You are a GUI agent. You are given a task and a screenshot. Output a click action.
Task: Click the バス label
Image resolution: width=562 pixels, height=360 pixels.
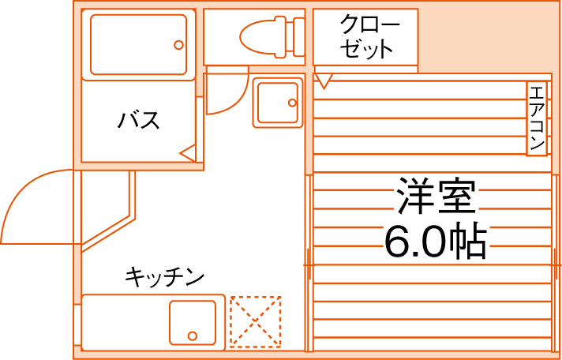[x=138, y=121]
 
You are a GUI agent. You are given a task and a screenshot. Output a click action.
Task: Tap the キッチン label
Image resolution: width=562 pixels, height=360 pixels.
[x=164, y=277]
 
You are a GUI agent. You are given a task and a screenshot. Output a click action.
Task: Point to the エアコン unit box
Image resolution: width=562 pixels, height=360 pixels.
[x=537, y=118]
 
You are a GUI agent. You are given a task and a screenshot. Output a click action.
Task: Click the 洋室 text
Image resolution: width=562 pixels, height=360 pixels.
[x=436, y=197]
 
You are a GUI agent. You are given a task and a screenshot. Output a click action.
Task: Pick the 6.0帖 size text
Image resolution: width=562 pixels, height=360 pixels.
[x=435, y=242]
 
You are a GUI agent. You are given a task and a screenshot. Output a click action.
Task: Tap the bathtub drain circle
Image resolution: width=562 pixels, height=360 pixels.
[x=179, y=45]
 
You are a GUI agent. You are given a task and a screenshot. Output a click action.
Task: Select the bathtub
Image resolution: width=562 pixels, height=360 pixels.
[x=138, y=44]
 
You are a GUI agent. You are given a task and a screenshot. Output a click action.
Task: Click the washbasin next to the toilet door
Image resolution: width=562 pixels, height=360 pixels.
[x=277, y=103]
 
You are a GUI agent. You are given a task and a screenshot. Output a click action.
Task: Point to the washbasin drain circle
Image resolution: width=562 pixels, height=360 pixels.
[x=290, y=103]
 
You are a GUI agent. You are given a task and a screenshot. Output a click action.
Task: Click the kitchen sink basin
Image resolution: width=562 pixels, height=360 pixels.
[x=192, y=322]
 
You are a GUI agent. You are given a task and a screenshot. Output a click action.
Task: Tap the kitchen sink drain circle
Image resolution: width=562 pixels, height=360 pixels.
[x=192, y=335]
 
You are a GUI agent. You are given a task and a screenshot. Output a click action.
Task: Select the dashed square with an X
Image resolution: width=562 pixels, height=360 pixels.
[x=255, y=322]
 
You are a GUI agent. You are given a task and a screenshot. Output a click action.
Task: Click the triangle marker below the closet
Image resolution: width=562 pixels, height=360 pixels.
[x=324, y=80]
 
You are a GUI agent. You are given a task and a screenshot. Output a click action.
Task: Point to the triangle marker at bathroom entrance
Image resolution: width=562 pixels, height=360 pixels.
[x=188, y=153]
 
